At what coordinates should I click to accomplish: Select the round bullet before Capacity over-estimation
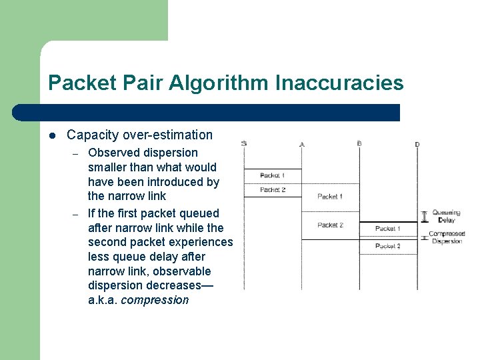[52, 135]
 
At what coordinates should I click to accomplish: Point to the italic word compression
[155, 300]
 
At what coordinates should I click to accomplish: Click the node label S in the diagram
[244, 144]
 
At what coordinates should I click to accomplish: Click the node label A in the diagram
[302, 144]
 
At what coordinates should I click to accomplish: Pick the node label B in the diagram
[359, 144]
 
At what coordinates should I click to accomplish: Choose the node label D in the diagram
[417, 144]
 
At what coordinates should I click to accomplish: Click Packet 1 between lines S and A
[272, 175]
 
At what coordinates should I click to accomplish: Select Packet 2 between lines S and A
[272, 190]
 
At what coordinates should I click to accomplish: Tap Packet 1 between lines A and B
[330, 197]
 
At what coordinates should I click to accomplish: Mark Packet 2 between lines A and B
[330, 225]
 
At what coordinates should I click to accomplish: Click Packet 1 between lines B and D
[387, 229]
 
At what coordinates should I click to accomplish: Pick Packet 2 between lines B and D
[387, 246]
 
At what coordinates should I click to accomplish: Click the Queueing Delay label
[446, 216]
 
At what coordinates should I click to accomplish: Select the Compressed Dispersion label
[447, 237]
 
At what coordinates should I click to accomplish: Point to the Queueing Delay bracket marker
[425, 216]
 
